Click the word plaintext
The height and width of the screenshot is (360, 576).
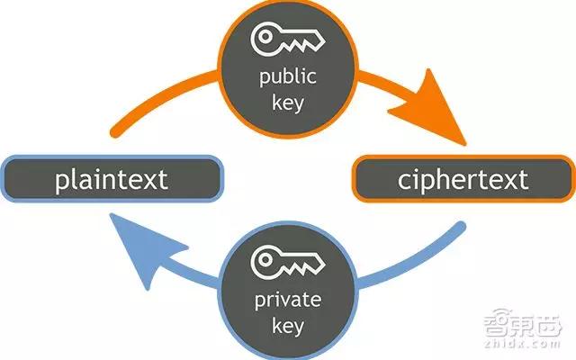click(x=112, y=180)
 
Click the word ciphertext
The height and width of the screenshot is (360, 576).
click(x=463, y=180)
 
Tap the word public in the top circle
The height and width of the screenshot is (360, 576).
click(x=288, y=76)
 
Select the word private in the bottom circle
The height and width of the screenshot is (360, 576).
click(x=288, y=301)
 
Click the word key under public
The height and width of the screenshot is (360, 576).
click(x=288, y=103)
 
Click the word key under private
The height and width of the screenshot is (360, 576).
click(x=288, y=326)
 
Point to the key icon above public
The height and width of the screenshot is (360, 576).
click(x=288, y=39)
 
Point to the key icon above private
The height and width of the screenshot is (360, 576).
click(x=288, y=261)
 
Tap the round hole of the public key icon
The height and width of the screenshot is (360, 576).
click(x=265, y=36)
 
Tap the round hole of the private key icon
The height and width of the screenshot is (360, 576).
click(x=265, y=259)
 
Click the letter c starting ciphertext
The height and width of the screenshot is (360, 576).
click(x=404, y=182)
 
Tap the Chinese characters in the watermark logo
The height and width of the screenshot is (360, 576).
click(x=523, y=323)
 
